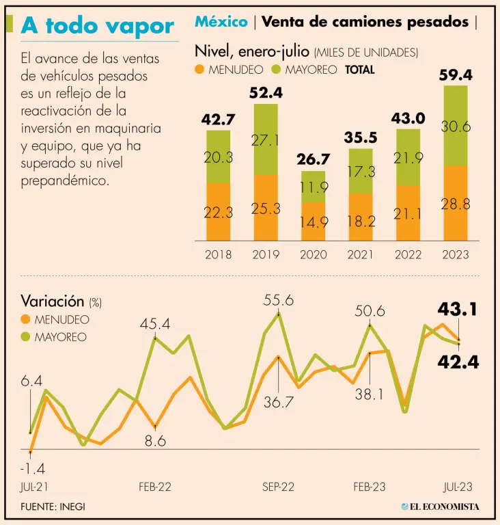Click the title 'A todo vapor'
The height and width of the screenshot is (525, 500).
98,25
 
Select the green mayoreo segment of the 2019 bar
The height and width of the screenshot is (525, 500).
266,139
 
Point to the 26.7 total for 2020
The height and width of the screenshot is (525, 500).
314,159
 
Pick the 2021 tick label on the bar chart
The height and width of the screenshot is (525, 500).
361,255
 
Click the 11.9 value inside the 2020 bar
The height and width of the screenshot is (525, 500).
314,186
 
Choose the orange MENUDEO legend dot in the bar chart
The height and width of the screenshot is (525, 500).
199,69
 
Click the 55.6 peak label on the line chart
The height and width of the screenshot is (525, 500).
279,299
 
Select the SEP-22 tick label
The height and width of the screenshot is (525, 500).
278,487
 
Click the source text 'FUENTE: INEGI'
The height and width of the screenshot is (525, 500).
53,507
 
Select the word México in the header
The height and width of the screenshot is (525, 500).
221,22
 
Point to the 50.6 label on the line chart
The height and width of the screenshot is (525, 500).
370,311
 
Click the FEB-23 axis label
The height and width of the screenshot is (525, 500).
370,487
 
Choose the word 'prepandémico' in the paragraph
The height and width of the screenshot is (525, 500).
66,181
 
